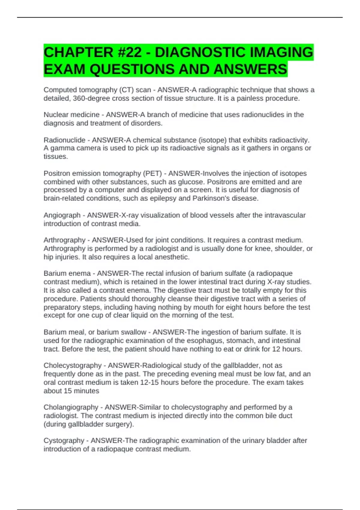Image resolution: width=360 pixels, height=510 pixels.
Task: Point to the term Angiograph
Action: (x=62, y=215)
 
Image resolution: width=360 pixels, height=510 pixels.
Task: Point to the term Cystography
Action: (x=64, y=440)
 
